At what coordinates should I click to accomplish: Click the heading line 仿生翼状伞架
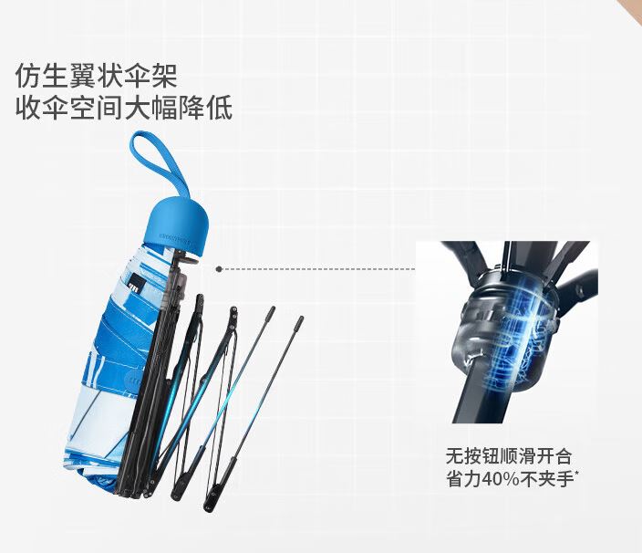click(x=97, y=76)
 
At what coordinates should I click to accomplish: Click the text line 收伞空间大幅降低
click(x=124, y=108)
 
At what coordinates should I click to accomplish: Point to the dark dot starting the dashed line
click(x=219, y=269)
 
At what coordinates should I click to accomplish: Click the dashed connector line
click(x=318, y=269)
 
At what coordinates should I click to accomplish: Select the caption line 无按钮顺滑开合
click(x=508, y=456)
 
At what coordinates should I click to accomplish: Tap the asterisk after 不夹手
click(x=577, y=474)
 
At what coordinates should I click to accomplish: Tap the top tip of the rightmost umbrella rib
click(x=300, y=318)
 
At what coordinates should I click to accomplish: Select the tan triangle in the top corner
click(x=633, y=9)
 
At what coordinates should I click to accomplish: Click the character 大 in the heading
click(x=138, y=108)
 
